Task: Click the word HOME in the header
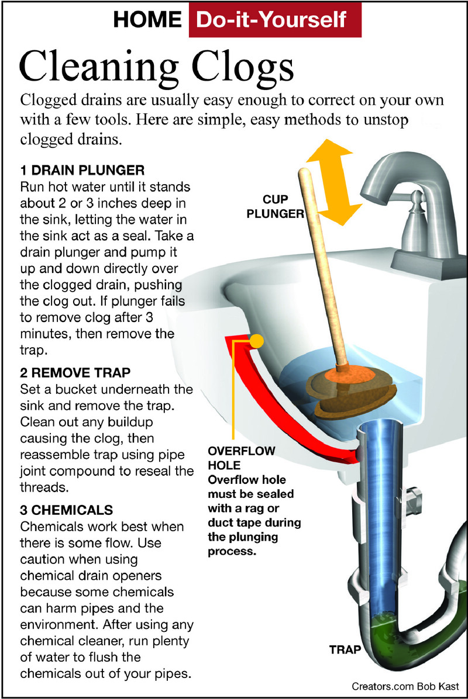pyautogui.click(x=147, y=19)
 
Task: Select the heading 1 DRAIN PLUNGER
pyautogui.click(x=82, y=171)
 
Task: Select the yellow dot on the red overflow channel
pyautogui.click(x=256, y=342)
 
